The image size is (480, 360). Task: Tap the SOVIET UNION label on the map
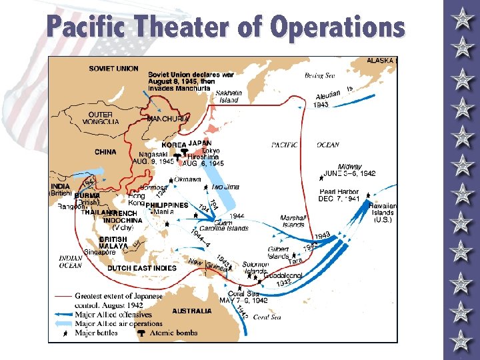point(113,69)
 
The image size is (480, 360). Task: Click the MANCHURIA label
point(168,119)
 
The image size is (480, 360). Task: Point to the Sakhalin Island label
point(229,96)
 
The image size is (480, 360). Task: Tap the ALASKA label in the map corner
point(381,61)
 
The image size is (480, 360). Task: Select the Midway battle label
point(349,167)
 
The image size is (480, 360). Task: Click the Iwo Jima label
point(225,187)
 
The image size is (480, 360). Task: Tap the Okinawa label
point(188,179)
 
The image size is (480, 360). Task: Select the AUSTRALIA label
point(192,311)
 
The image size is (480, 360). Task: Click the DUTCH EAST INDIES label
point(142,268)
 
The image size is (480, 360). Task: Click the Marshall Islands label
point(293,221)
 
